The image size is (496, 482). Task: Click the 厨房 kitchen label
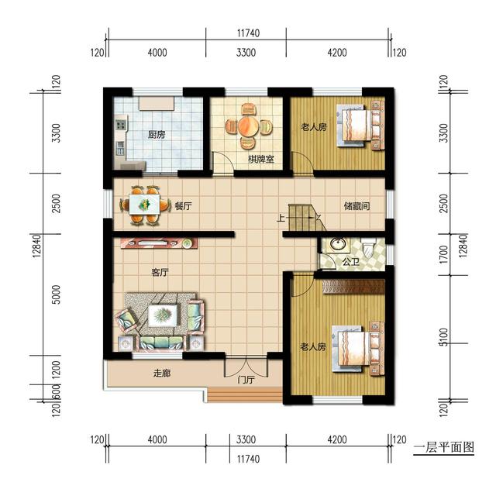coord(157,135)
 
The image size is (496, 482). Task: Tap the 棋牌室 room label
coord(261,159)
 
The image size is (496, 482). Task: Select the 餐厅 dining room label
coord(183,206)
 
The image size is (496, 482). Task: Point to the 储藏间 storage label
coord(356,207)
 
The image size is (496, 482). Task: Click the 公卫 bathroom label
coord(351,262)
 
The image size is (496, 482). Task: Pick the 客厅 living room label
coord(160,272)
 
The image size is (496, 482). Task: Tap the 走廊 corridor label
coord(162,374)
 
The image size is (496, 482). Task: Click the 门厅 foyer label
coord(246,380)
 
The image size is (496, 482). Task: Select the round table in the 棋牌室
coord(249,126)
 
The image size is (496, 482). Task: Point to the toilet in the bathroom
coord(368,248)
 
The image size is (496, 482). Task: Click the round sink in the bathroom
coord(337,244)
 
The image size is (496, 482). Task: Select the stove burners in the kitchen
coord(121,124)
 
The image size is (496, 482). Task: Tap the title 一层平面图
coord(444,447)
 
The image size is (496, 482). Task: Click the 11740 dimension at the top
coord(248,33)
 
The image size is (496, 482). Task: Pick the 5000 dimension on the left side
coord(56,294)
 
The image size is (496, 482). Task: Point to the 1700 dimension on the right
coord(444,255)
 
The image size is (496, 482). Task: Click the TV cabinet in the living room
coord(160,243)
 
